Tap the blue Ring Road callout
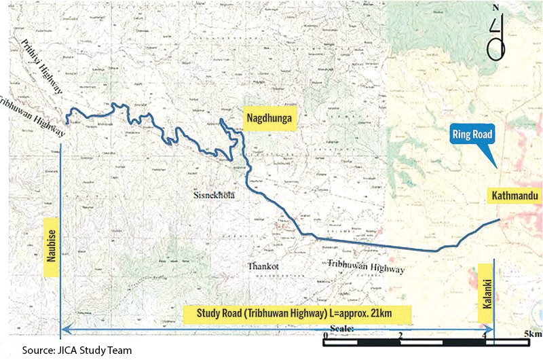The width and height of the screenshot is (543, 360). click(x=474, y=134)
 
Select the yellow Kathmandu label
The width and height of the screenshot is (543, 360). click(x=513, y=196)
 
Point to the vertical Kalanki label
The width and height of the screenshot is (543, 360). click(x=487, y=283)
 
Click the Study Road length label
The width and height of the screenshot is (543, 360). click(x=297, y=314)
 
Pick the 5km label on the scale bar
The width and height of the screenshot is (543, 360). click(x=533, y=335)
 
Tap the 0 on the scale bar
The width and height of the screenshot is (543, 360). click(x=327, y=336)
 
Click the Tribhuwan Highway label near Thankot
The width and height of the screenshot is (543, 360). click(x=366, y=266)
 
